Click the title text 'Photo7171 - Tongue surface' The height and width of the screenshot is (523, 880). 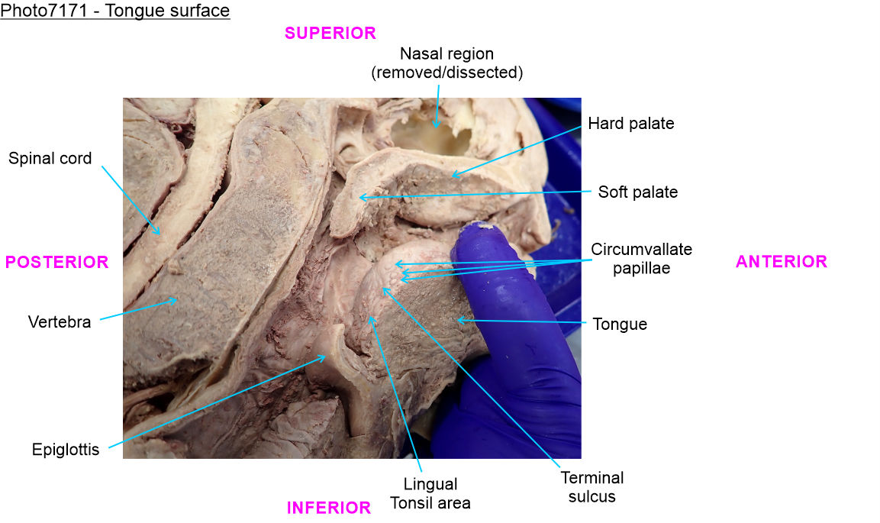[x=115, y=11]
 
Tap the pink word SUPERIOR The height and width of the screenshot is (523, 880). [x=330, y=33]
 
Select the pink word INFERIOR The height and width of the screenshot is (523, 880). [x=328, y=508]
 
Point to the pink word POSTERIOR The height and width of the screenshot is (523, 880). [x=56, y=262]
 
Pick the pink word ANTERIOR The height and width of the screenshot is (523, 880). [x=781, y=262]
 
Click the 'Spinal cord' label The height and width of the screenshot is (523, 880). [x=50, y=159]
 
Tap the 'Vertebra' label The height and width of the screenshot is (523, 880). [x=60, y=321]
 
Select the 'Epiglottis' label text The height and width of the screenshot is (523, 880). [x=66, y=449]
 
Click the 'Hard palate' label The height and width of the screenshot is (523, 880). [x=630, y=123]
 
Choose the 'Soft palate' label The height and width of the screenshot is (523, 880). [x=637, y=192]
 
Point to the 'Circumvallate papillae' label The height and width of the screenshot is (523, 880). [x=641, y=259]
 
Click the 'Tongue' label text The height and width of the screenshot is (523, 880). [x=620, y=324]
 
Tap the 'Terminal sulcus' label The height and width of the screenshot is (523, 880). [x=592, y=487]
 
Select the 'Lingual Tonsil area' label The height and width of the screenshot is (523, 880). [x=430, y=493]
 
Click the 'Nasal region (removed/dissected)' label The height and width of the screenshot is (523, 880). [x=446, y=63]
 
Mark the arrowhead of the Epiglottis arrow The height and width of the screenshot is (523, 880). [x=327, y=356]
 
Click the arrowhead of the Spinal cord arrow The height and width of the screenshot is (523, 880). [x=160, y=234]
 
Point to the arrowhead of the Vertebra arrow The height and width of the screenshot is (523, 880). [x=177, y=299]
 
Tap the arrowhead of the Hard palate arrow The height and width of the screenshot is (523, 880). [x=451, y=176]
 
